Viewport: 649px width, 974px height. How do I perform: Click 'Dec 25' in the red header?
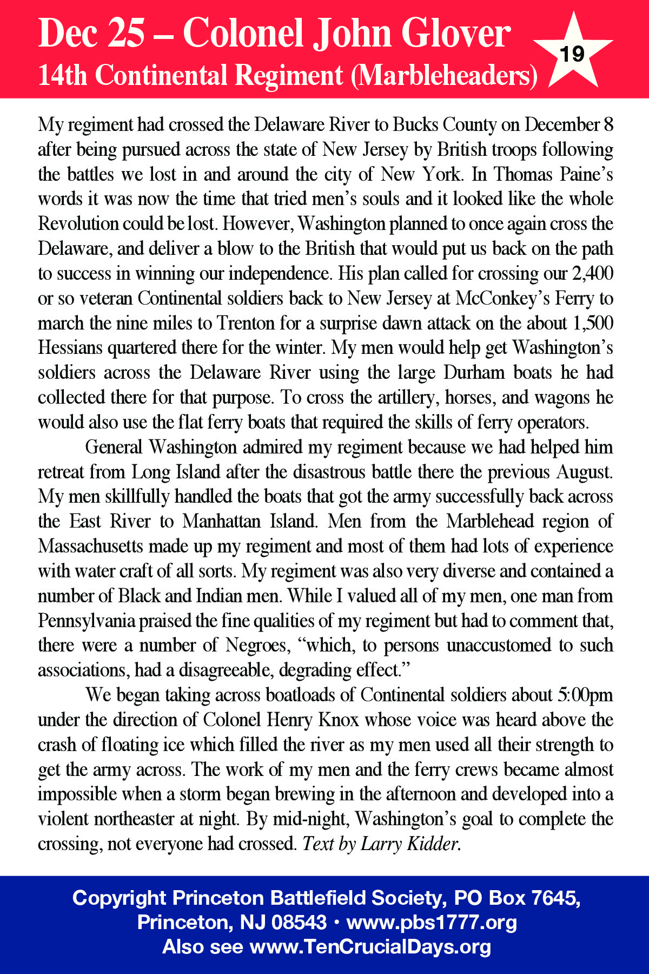[92, 34]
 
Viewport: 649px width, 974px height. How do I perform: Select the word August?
[585, 472]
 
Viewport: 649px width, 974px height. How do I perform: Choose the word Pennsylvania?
[86, 621]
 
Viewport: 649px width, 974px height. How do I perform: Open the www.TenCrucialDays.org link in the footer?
[370, 947]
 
